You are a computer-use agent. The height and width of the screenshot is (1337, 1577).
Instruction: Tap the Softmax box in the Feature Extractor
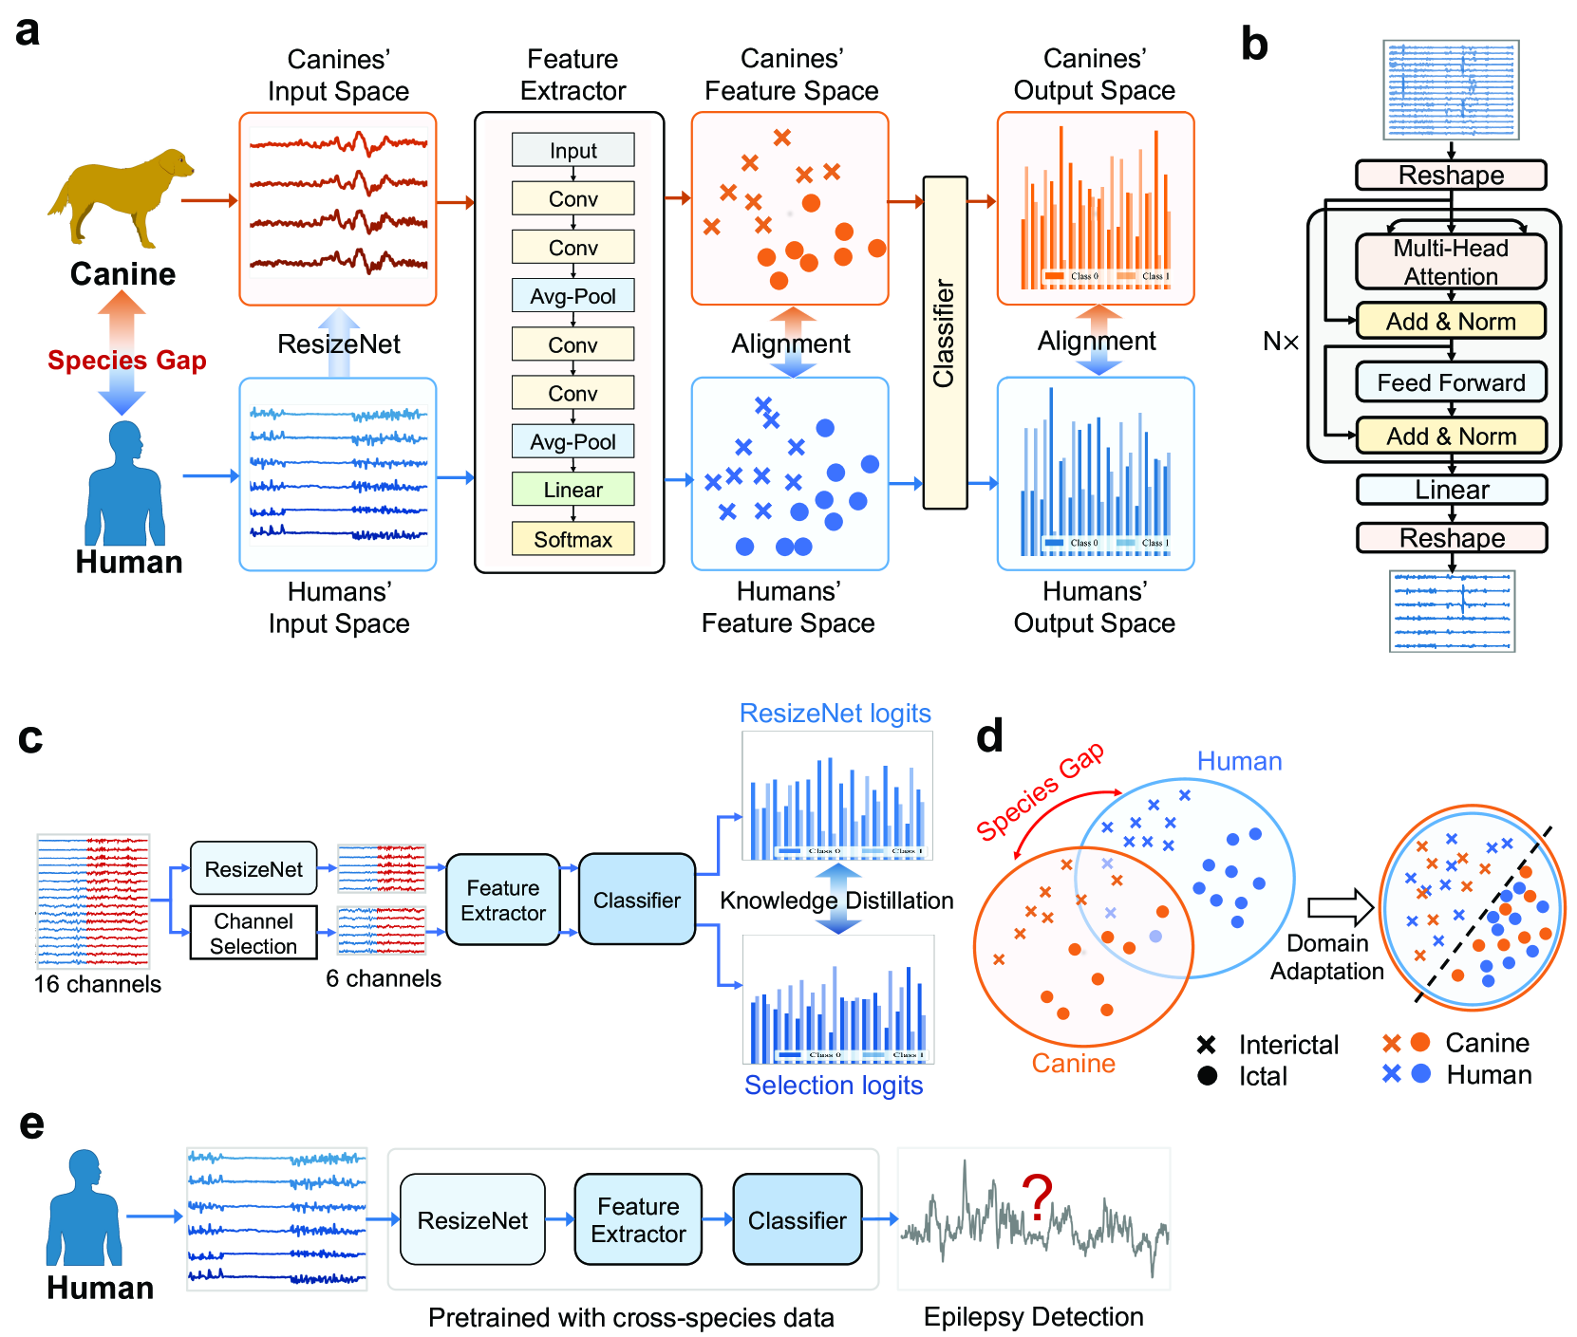coord(573,539)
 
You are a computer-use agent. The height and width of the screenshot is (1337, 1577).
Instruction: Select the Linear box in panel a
coord(573,490)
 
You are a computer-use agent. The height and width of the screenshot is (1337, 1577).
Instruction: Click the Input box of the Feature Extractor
coord(573,150)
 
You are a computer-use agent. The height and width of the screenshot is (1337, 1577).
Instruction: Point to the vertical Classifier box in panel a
coord(945,342)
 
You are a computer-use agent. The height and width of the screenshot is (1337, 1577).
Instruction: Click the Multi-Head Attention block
coord(1450,262)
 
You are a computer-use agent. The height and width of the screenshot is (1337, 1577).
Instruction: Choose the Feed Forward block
coord(1450,382)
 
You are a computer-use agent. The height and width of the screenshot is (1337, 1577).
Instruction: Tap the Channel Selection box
coord(253,934)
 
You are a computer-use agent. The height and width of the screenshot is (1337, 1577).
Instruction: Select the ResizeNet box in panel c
coord(253,868)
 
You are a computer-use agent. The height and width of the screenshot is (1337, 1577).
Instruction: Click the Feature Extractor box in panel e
coord(638,1219)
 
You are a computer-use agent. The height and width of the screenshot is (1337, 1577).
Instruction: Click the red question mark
coord(1037,1198)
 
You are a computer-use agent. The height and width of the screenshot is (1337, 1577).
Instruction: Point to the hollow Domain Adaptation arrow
coord(1340,908)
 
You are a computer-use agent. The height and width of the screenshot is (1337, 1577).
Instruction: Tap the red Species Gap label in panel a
coord(127,361)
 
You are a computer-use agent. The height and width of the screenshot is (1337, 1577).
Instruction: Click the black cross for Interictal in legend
coord(1207,1045)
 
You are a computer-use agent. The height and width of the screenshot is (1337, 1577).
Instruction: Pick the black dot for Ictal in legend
coord(1208,1076)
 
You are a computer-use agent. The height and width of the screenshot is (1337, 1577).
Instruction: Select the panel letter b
coord(1254,45)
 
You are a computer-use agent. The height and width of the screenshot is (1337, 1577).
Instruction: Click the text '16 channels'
coord(98,984)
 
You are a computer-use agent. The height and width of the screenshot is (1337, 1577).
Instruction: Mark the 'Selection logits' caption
coord(833,1085)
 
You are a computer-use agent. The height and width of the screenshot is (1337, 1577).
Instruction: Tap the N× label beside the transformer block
coord(1281,342)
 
